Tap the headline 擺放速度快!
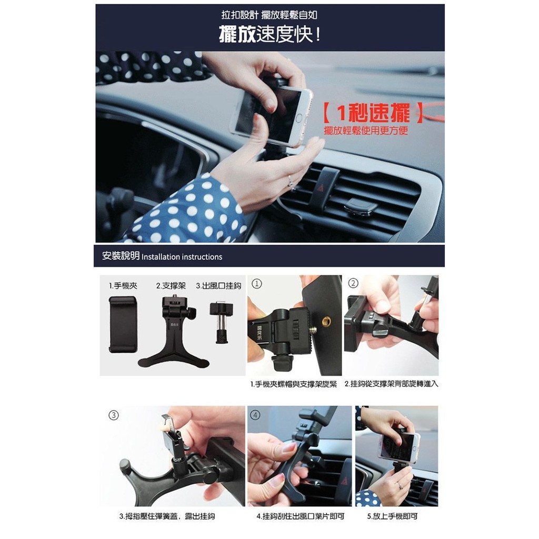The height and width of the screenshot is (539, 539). click(270, 34)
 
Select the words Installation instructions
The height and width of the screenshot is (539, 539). click(182, 257)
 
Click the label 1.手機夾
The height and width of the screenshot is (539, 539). click(123, 286)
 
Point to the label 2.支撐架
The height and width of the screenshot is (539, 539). click(171, 286)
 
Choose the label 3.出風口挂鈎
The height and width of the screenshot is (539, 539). click(218, 286)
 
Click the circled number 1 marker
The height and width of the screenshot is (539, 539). click(257, 284)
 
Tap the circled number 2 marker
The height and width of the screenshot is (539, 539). click(353, 283)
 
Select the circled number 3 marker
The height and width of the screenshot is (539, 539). click(114, 415)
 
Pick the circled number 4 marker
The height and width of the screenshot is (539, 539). click(255, 415)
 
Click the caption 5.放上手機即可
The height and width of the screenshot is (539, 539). click(392, 516)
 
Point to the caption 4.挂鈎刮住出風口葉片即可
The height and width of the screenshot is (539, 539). click(301, 516)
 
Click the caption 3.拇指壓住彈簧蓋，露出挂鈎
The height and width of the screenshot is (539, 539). click(167, 516)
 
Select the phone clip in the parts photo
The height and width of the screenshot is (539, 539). click(123, 324)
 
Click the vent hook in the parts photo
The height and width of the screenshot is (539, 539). click(222, 322)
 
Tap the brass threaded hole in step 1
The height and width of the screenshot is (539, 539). click(325, 321)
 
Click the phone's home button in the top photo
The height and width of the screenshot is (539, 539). click(299, 118)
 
